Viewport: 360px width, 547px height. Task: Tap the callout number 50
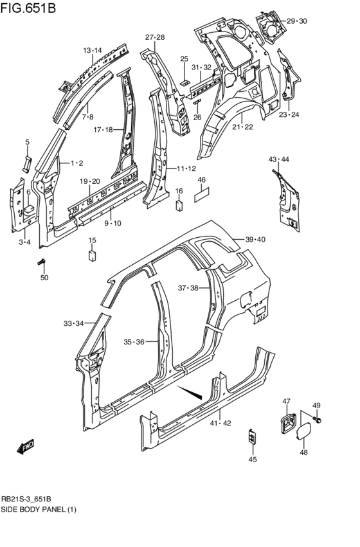44,278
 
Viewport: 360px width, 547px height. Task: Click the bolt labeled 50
43,262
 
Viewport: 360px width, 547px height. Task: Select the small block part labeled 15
92,255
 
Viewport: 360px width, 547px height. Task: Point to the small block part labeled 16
179,205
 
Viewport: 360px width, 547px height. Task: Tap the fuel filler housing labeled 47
287,425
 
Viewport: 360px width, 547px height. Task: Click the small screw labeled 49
318,419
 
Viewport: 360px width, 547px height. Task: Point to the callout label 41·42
220,422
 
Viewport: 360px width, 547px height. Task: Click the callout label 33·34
74,323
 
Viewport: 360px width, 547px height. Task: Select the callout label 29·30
297,21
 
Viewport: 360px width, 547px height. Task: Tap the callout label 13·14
92,50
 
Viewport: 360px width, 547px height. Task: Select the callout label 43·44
279,159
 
